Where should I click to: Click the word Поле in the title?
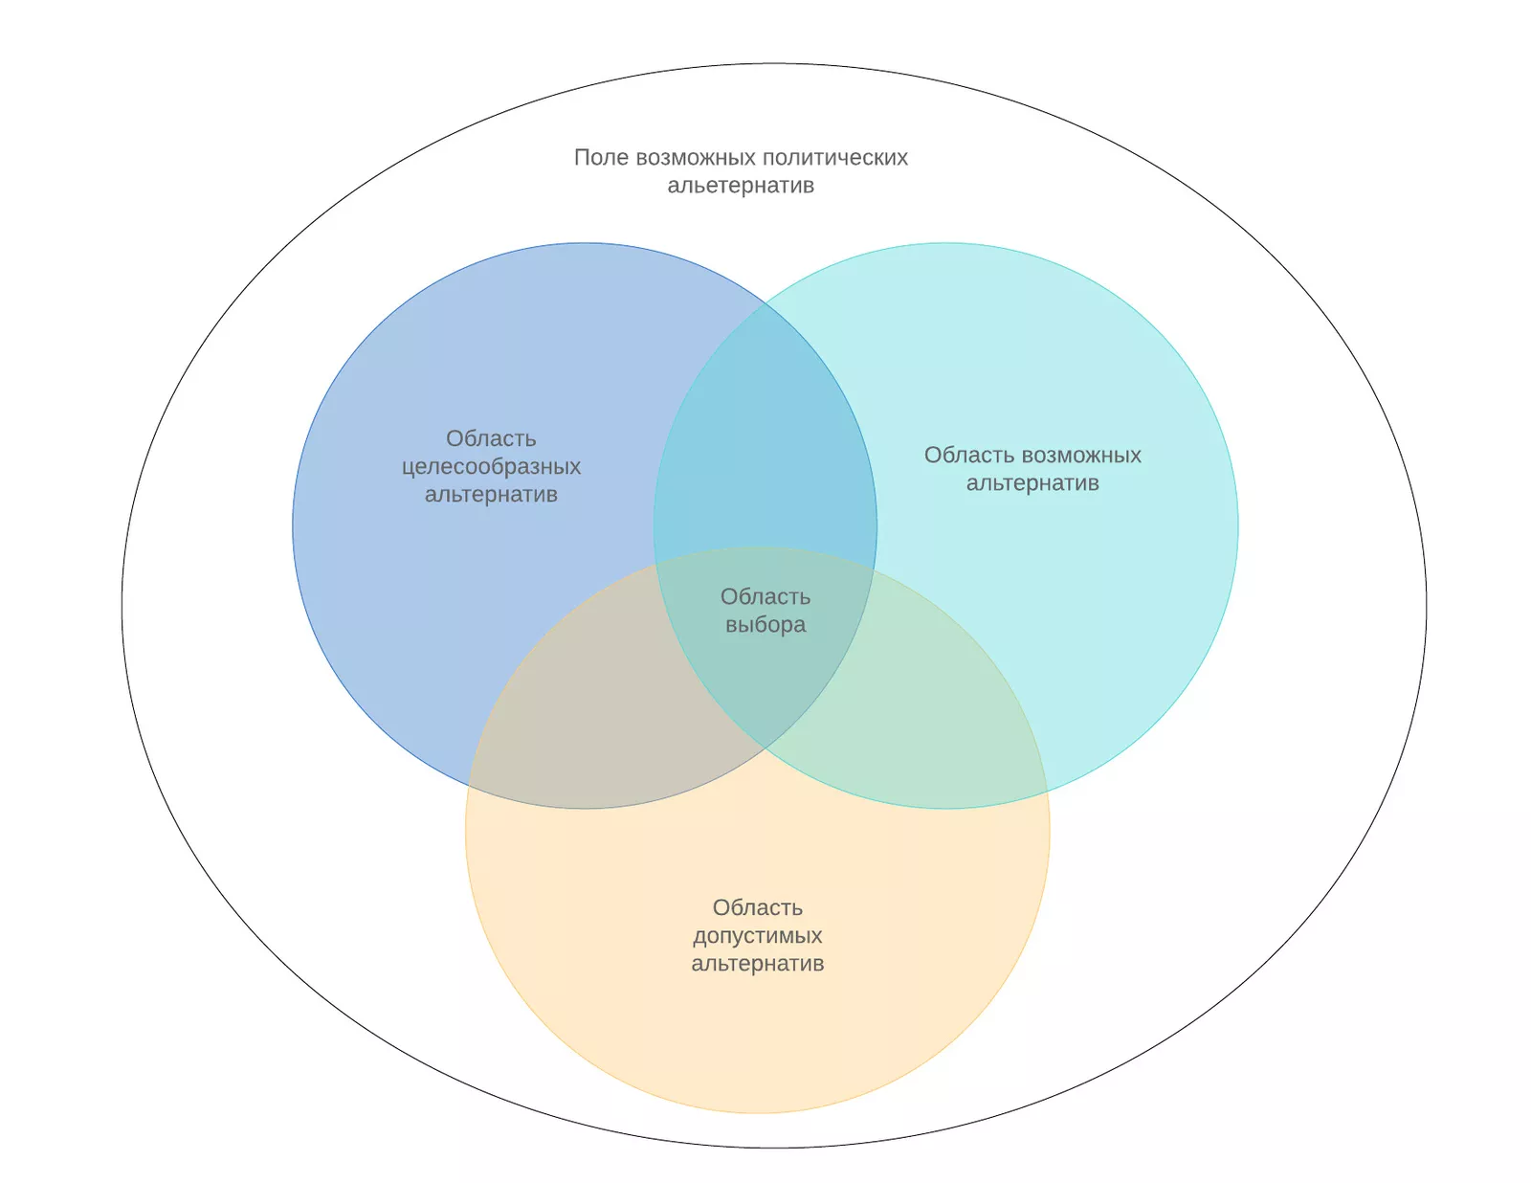601,158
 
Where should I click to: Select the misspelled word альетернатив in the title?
741,186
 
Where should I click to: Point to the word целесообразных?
491,467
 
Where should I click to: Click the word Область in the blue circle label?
491,439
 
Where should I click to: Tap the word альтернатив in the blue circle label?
491,495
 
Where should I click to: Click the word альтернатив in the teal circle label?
1032,483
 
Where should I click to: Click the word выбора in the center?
765,625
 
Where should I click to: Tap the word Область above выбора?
765,597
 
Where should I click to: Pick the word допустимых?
758,936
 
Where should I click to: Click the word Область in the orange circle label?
758,908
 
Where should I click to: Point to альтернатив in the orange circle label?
758,964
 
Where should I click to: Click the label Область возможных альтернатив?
1032,469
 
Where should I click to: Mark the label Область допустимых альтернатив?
758,936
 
